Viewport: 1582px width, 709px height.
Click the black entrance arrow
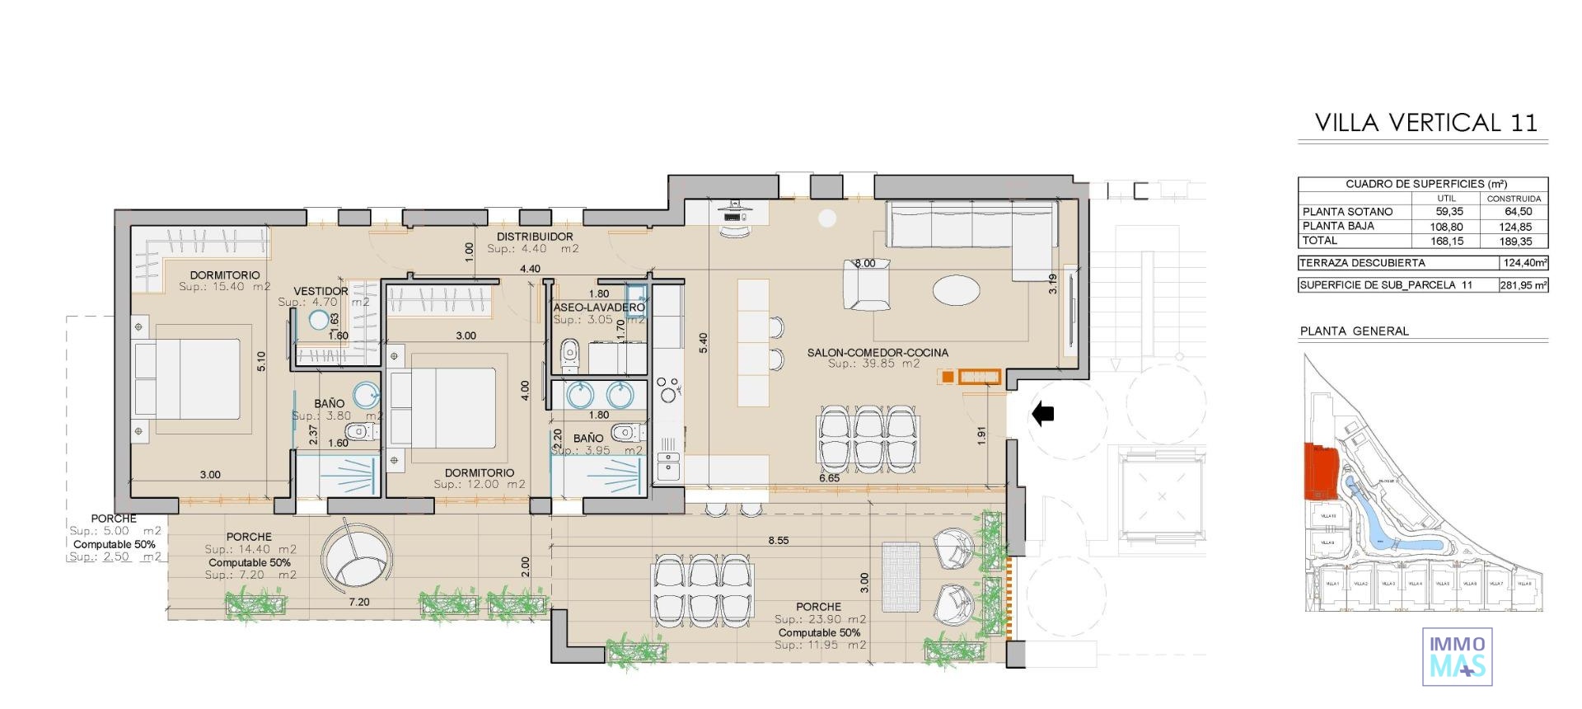click(x=1043, y=413)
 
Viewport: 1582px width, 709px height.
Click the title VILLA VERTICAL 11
click(x=1425, y=123)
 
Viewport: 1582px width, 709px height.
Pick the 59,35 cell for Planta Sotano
click(x=1449, y=212)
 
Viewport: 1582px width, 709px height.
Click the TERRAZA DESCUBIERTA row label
click(x=1361, y=263)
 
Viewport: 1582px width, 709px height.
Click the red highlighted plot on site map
click(x=1320, y=471)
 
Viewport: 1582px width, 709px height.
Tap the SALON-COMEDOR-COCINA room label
click(x=877, y=352)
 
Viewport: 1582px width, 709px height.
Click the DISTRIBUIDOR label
click(x=534, y=237)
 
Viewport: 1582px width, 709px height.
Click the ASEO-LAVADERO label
click(x=598, y=308)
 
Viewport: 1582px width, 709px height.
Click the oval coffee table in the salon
click(x=957, y=289)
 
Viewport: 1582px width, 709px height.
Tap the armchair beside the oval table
click(x=867, y=284)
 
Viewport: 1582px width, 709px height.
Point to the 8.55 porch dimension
click(x=778, y=541)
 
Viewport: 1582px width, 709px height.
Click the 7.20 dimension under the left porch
click(x=359, y=602)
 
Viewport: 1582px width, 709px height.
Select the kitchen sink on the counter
click(x=668, y=468)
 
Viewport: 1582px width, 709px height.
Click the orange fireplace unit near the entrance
click(x=980, y=377)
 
